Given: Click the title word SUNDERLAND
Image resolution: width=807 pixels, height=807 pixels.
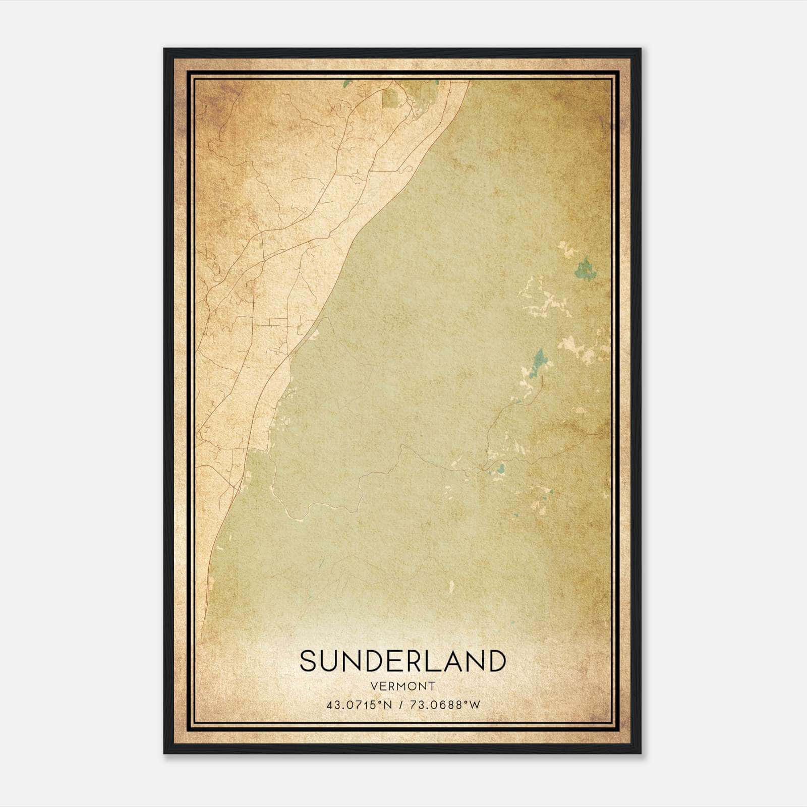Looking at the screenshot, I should point(402,661).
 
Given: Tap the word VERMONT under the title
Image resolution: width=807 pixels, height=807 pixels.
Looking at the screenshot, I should point(402,686).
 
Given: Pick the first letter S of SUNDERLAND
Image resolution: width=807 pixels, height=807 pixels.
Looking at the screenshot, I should point(309,661).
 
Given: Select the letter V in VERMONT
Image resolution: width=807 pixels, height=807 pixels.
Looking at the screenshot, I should point(374,686).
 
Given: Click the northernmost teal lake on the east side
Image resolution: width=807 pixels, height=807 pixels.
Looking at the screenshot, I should point(585,268).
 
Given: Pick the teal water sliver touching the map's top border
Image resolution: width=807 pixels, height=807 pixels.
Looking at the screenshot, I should point(347,84).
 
